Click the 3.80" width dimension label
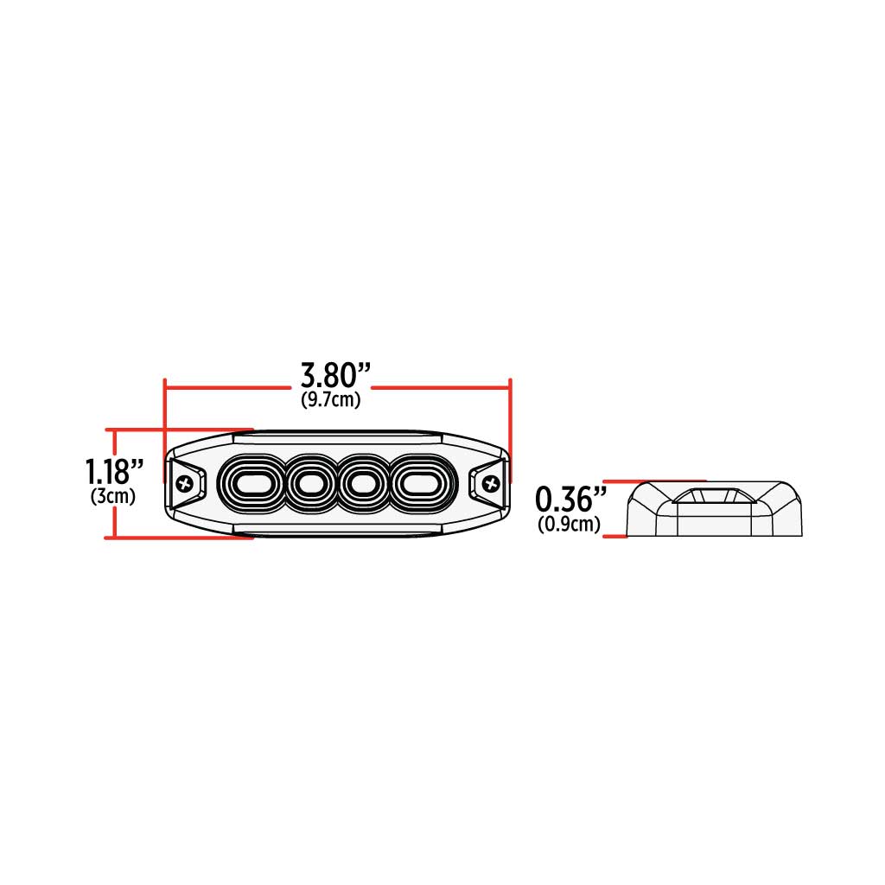point(336,376)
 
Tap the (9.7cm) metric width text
point(331,400)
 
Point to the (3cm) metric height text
point(113,497)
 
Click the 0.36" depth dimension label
point(571,499)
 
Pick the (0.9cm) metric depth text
point(569,524)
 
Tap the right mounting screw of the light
point(491,484)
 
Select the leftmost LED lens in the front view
point(251,483)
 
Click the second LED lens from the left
point(308,483)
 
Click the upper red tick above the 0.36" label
point(655,481)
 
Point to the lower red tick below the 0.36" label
point(614,537)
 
